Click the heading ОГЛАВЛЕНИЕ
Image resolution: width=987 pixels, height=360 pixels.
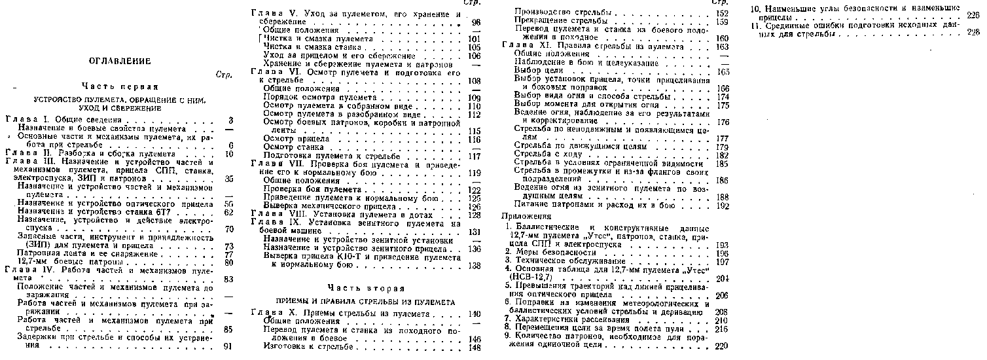coord(120,61)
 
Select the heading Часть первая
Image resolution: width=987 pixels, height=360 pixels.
coord(120,86)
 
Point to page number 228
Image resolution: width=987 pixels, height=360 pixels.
coord(973,33)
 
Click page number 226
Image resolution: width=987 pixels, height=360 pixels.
coord(973,16)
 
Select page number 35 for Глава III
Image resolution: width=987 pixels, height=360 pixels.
coord(228,178)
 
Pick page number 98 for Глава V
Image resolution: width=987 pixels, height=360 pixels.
coord(475,22)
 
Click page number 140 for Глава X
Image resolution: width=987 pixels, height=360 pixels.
coord(475,314)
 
